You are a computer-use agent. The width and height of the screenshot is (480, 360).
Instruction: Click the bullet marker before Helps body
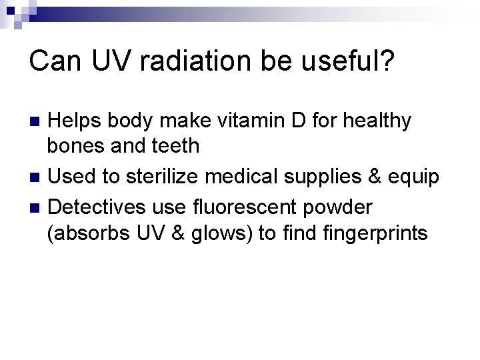pos(36,122)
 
